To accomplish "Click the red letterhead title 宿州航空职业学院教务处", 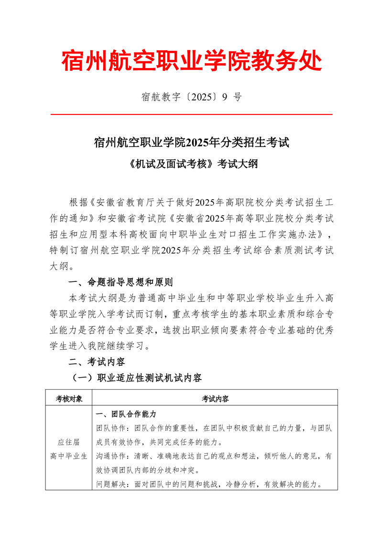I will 191,61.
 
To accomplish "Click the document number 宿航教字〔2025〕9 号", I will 191,98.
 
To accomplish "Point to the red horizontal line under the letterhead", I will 191,114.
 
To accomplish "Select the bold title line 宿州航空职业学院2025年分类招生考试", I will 191,143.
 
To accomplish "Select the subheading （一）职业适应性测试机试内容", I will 136,378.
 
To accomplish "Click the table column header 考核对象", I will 69,398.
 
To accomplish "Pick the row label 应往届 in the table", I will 69,442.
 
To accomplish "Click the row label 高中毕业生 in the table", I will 69,456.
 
